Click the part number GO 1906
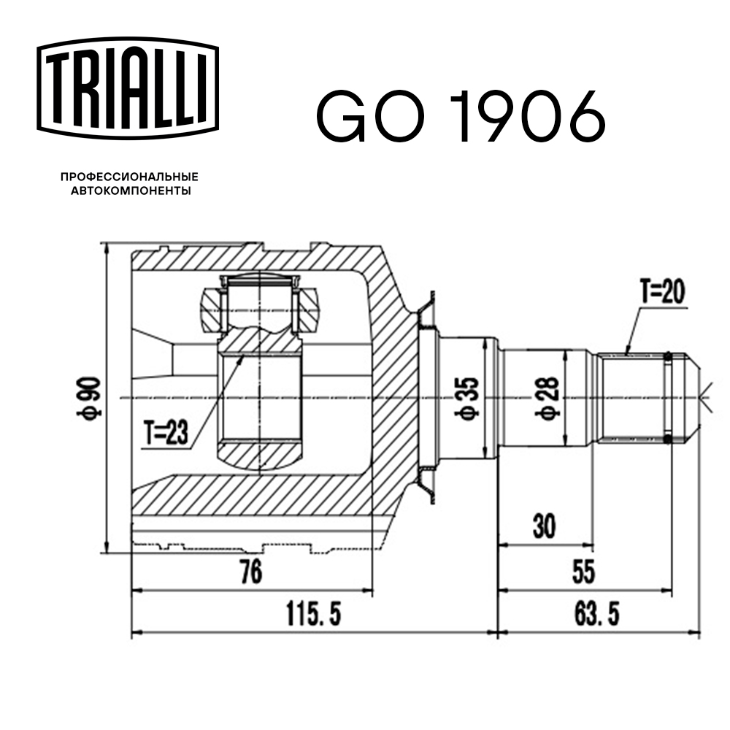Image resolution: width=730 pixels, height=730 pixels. click(x=460, y=116)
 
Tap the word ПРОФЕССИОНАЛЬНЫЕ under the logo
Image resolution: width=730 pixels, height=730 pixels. click(x=129, y=177)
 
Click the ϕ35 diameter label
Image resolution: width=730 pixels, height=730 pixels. click(x=468, y=399)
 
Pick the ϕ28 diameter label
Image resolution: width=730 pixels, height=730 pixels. click(x=549, y=398)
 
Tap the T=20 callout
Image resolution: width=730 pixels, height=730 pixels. click(x=663, y=293)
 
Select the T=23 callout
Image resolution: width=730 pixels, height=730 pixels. click(x=166, y=434)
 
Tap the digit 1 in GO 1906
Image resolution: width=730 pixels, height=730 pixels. click(x=467, y=116)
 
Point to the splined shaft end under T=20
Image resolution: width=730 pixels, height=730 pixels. click(x=631, y=398)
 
